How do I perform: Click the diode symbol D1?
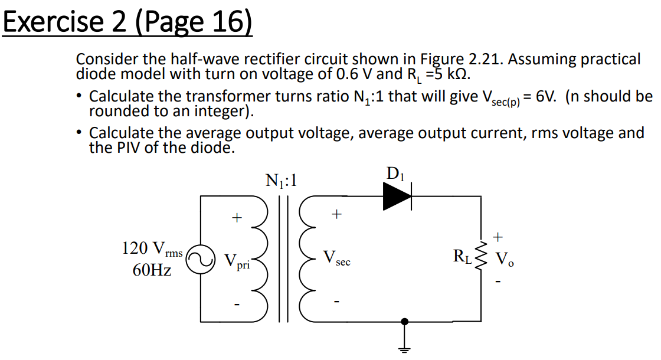point(397,196)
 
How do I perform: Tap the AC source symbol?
point(201,260)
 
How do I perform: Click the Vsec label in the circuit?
point(336,258)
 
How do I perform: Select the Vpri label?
point(237,261)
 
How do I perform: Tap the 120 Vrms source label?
point(152,248)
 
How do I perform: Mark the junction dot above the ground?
point(404,322)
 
